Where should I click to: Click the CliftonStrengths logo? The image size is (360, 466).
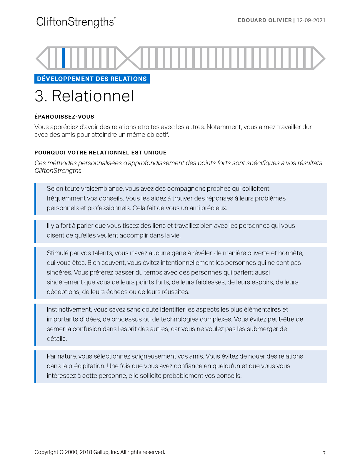[x=76, y=22]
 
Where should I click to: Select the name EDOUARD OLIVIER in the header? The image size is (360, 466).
[x=264, y=20]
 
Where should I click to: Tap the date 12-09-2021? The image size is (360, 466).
[x=311, y=20]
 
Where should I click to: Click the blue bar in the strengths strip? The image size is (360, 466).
[x=64, y=58]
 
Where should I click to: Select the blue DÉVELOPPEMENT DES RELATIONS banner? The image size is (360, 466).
[x=92, y=79]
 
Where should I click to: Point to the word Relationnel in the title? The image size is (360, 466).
[x=93, y=96]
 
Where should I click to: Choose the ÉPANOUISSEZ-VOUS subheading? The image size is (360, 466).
[x=64, y=117]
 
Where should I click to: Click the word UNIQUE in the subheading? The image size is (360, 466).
[x=155, y=153]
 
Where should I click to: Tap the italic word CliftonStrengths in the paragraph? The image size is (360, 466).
[x=58, y=171]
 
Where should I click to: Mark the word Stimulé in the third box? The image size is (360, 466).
[x=57, y=253]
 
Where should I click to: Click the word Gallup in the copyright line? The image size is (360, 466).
[x=101, y=452]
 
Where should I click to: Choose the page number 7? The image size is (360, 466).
[x=324, y=453]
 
